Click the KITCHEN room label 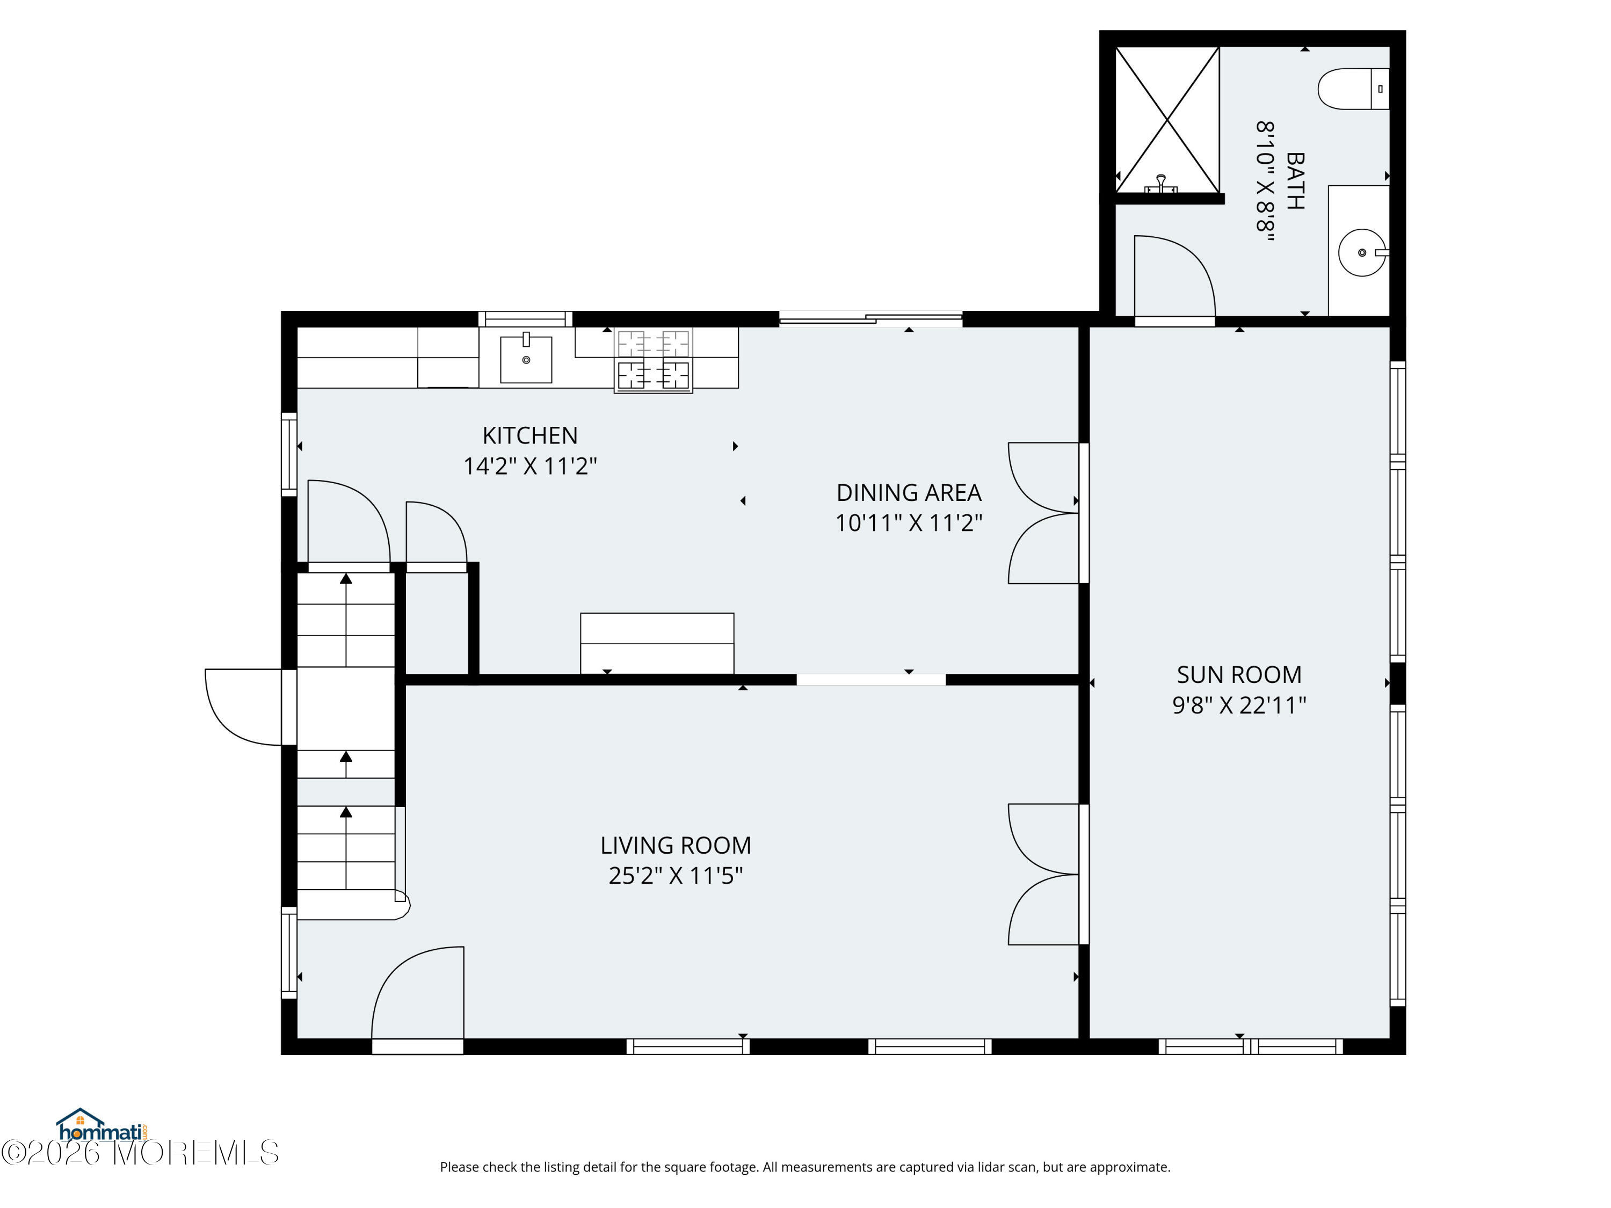pos(529,435)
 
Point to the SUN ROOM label pos(1239,675)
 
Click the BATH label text pos(1295,180)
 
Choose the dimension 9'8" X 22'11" pos(1239,705)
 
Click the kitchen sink pos(526,359)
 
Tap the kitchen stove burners pos(654,360)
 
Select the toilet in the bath pos(1354,89)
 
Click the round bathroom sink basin pos(1362,253)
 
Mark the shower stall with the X pos(1167,120)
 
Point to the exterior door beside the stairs pos(244,707)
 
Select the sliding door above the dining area pos(871,318)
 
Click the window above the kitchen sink pos(525,318)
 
